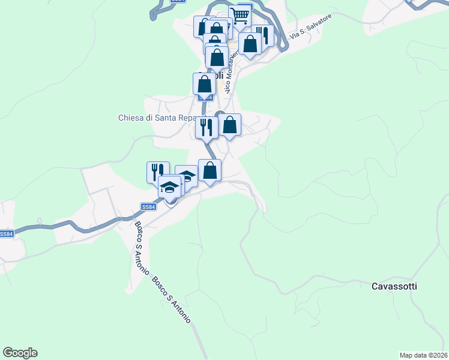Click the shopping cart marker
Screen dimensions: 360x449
point(240,16)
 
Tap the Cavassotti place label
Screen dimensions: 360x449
point(394,286)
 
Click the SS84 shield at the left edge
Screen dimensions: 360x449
point(6,234)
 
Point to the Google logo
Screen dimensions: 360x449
point(20,353)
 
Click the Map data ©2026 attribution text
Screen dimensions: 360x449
point(424,355)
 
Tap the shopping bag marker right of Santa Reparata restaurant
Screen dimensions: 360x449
point(229,125)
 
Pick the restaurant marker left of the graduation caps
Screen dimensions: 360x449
point(157,172)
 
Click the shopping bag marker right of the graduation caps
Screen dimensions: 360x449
point(209,170)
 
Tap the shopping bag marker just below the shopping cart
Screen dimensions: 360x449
point(250,43)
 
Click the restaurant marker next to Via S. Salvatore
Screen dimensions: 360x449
point(264,35)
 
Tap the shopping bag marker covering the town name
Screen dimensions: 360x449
point(204,84)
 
